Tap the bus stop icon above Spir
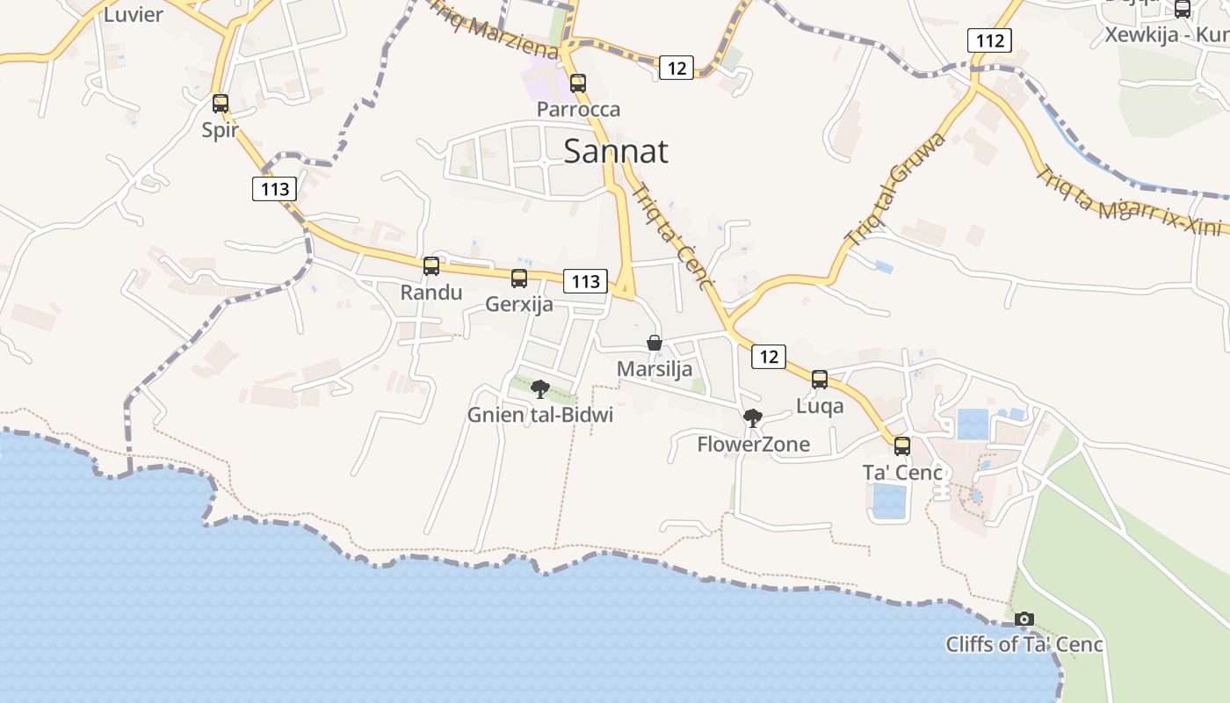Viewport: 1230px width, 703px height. coord(221,104)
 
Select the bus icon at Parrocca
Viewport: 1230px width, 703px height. coord(578,84)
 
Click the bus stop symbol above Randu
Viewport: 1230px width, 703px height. coord(431,266)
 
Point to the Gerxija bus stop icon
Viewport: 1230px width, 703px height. coord(519,279)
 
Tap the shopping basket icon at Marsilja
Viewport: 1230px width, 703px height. coord(655,343)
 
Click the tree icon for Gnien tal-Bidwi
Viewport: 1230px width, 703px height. coord(540,388)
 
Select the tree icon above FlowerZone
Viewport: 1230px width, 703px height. coord(752,418)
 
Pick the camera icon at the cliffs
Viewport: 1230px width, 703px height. coord(1024,619)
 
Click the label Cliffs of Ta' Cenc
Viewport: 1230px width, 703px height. coord(1024,644)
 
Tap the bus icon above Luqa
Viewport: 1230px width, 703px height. coord(820,380)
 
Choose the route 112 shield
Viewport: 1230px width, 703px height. coord(989,40)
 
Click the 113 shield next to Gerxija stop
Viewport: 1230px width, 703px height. coord(585,281)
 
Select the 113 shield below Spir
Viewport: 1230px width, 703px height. coord(274,188)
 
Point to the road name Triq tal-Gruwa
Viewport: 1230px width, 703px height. coord(895,189)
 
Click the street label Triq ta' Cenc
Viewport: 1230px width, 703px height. coord(669,236)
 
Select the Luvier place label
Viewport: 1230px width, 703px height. coord(134,14)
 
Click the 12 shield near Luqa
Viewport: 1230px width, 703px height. coord(769,356)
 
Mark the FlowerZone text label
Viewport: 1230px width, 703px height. coord(754,445)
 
